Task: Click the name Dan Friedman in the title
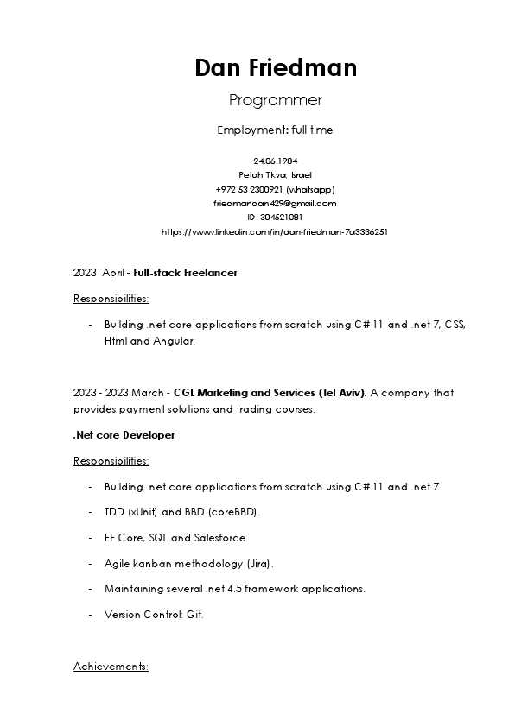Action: click(275, 67)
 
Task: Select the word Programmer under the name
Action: click(275, 100)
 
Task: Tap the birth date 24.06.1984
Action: click(275, 161)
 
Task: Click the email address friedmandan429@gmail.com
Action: click(275, 203)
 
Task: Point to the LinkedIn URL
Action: click(275, 231)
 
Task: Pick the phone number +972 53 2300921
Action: click(249, 189)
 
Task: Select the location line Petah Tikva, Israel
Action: click(275, 174)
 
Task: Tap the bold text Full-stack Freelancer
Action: click(185, 273)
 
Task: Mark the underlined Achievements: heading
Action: click(111, 667)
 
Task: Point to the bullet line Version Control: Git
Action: click(154, 615)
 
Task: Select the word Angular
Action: click(175, 341)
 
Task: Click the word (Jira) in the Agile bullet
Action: click(259, 564)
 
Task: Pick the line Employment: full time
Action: click(275, 130)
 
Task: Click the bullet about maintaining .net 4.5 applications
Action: click(234, 589)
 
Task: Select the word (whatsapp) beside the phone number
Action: click(310, 189)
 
